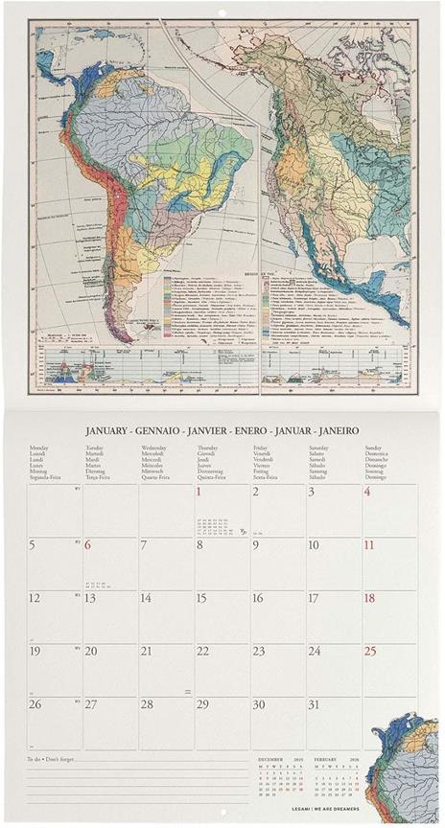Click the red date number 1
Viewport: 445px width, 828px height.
[199, 492]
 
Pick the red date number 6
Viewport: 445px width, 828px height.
[87, 545]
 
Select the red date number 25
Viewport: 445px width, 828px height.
[369, 651]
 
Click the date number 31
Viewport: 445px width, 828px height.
[314, 704]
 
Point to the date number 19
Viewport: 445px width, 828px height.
[35, 651]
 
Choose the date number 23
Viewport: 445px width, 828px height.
[258, 651]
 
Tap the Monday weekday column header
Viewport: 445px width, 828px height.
[38, 448]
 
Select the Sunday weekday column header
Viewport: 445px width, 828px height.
[375, 448]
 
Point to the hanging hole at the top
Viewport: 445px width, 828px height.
[222, 11]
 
